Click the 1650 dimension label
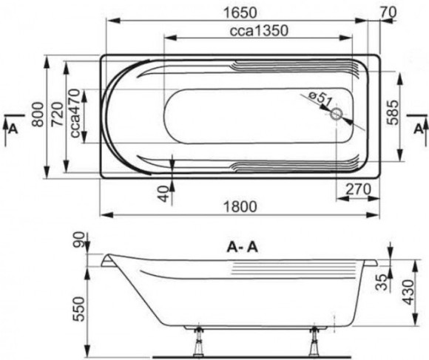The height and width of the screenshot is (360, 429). [x=240, y=13]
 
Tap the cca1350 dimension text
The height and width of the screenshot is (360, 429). [x=259, y=30]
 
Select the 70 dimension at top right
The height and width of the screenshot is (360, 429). [x=388, y=13]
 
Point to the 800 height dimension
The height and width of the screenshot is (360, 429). [x=38, y=115]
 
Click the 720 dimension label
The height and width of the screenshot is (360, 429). [x=58, y=115]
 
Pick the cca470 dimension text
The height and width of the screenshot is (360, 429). [x=75, y=113]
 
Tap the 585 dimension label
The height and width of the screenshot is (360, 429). [x=392, y=112]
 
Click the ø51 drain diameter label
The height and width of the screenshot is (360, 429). [x=320, y=99]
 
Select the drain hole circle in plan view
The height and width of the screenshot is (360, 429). [x=337, y=115]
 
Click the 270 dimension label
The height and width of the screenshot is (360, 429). [x=358, y=189]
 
